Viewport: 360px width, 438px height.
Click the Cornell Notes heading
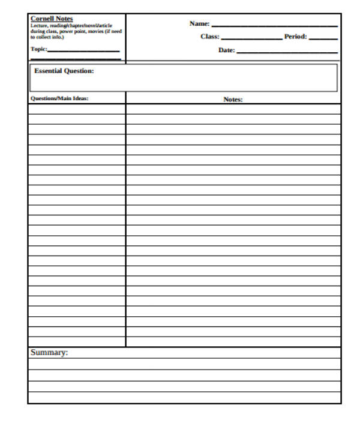52,19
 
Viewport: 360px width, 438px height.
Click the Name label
199,24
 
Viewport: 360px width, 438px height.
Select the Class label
209,37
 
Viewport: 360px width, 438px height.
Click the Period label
296,37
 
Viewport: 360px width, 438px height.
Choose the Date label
226,50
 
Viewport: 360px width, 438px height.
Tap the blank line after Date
287,53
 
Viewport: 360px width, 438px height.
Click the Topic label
38,49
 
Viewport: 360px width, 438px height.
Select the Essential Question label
64,71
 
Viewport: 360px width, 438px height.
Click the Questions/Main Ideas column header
59,99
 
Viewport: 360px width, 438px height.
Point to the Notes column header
233,100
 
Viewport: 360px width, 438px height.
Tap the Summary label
49,353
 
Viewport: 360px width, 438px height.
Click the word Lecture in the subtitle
39,26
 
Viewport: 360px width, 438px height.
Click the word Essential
48,71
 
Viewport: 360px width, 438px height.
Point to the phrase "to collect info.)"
47,37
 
